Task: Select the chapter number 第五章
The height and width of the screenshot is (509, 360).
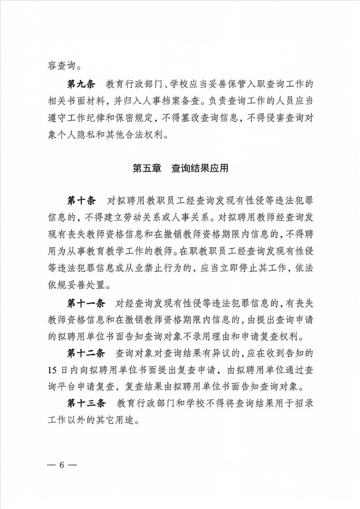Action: [x=146, y=169]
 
